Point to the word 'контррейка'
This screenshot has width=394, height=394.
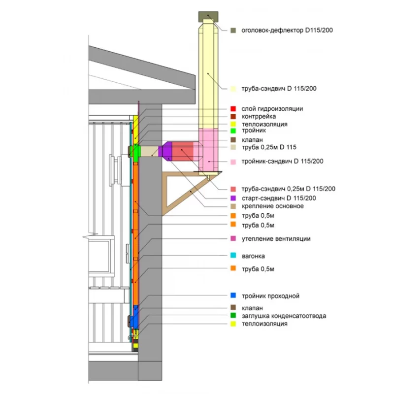coord(258,117)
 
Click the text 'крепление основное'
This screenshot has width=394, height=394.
coord(272,206)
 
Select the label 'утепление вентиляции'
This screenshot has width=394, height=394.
coord(276,239)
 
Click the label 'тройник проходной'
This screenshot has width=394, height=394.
coord(270,296)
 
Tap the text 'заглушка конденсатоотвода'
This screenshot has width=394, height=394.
coord(284,315)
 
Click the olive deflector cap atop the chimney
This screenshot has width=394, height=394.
coord(208,16)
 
